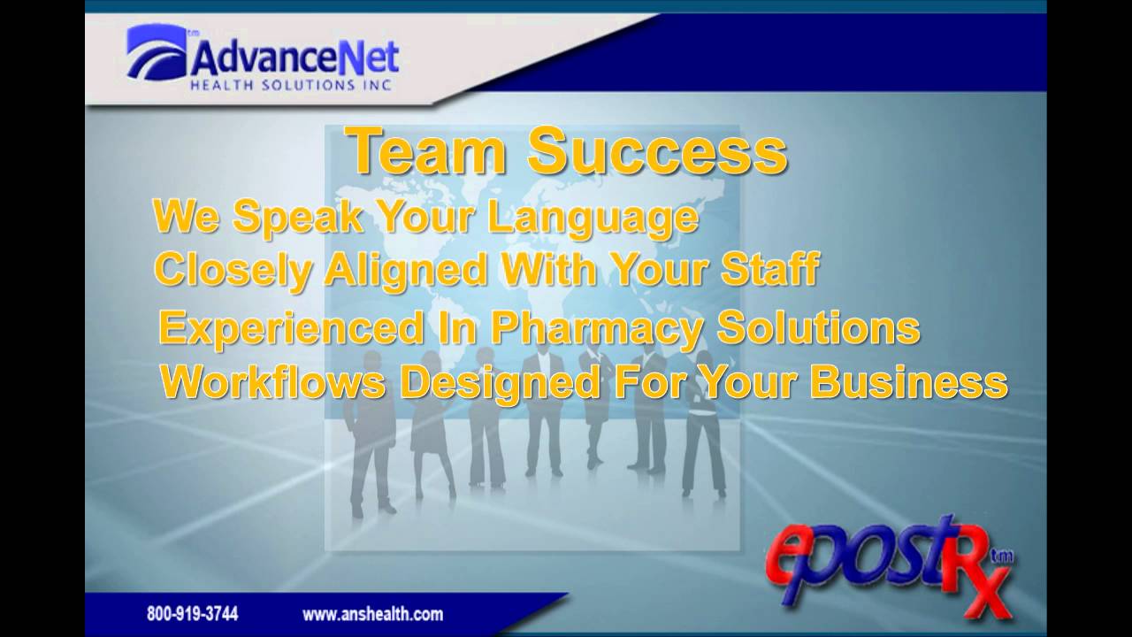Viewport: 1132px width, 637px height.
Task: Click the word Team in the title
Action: click(427, 151)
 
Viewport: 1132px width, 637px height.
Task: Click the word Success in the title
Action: click(657, 151)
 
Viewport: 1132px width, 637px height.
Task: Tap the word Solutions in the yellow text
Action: click(818, 327)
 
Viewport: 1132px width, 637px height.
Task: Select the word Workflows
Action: click(273, 382)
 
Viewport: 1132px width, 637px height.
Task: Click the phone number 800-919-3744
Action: click(192, 613)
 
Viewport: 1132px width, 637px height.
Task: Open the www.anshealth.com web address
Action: click(372, 613)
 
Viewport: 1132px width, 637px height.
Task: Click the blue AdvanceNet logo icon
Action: click(157, 52)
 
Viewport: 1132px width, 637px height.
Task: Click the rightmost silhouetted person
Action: click(703, 425)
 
